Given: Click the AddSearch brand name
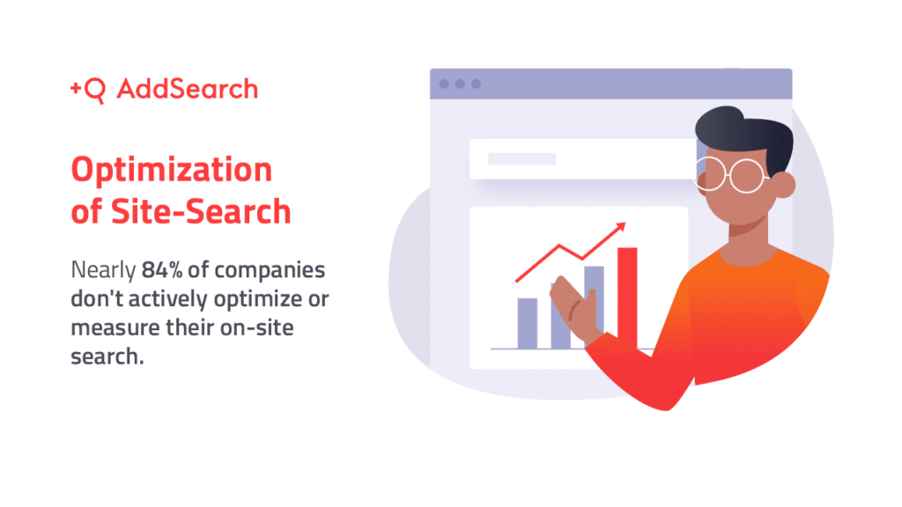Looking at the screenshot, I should click(x=187, y=89).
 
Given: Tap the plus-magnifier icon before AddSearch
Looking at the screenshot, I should click(x=87, y=90).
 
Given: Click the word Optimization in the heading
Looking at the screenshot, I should click(x=171, y=169).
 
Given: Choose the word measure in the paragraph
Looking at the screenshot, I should click(x=114, y=329).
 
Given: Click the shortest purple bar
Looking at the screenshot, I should click(x=527, y=323).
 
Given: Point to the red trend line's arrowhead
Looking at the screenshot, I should click(x=621, y=227).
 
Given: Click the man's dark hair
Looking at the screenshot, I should click(x=740, y=132).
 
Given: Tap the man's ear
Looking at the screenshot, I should click(x=782, y=183).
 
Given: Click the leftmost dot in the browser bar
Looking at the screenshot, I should click(x=444, y=84).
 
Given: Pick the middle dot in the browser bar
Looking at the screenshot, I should click(x=460, y=84).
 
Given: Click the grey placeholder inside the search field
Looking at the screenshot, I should click(x=521, y=159).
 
